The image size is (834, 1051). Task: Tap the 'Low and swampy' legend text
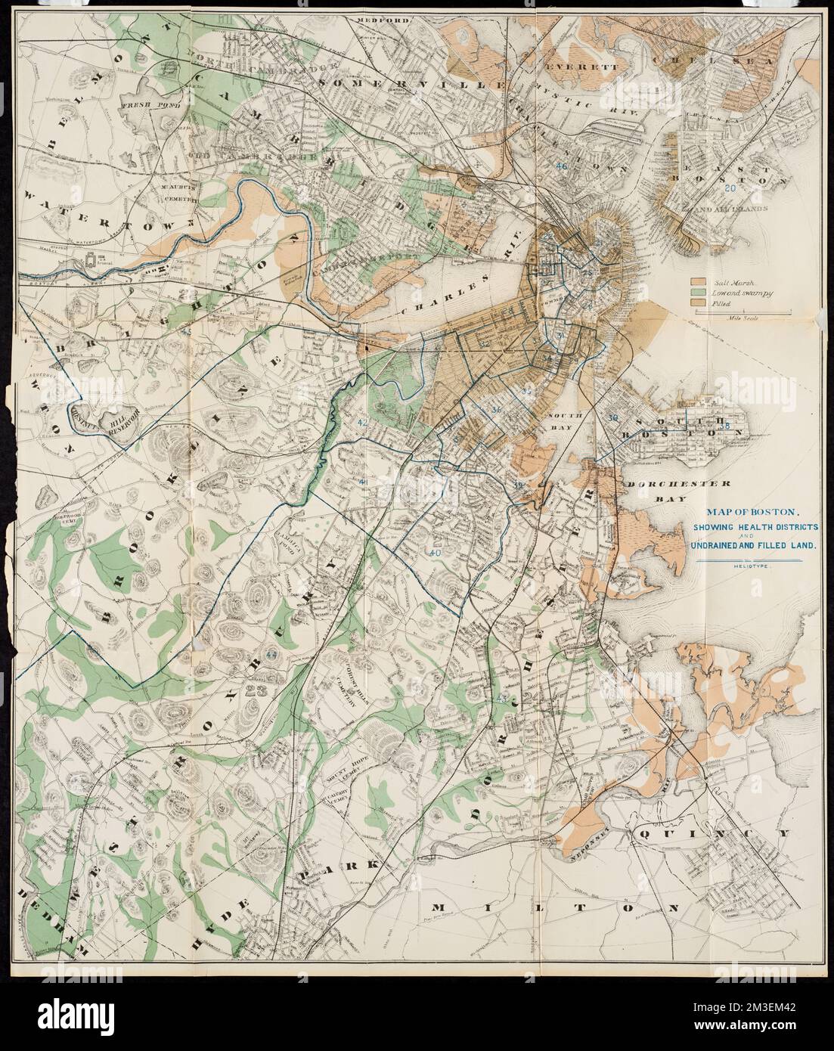[729, 292]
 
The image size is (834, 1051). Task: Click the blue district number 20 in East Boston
[730, 188]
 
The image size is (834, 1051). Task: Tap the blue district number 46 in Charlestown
[560, 166]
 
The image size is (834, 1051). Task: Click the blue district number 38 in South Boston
[724, 426]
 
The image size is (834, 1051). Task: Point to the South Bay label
[565, 420]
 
